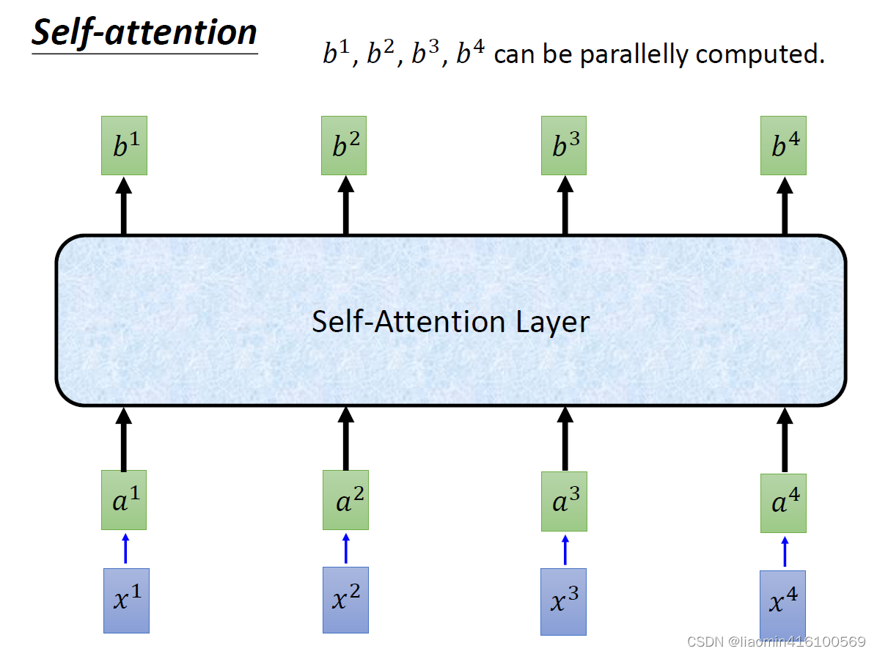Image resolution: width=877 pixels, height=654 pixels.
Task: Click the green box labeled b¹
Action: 124,145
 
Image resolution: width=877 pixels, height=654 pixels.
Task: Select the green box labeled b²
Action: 344,145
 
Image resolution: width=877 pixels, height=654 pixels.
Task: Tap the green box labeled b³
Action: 564,145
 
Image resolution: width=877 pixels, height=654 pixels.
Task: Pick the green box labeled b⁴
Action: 783,145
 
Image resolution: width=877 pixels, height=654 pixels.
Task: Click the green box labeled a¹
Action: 124,500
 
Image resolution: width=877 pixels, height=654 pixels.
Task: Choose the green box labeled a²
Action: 345,500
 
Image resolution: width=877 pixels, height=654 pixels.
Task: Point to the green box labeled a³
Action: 564,501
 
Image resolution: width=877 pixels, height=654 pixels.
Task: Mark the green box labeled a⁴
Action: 783,503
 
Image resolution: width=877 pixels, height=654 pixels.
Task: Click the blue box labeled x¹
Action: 126,600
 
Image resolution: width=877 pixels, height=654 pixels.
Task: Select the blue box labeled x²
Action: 345,599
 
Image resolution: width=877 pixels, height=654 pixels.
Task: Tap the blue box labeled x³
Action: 563,601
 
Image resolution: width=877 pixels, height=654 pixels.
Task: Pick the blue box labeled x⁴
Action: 782,603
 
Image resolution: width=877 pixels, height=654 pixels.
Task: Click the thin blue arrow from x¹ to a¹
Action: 125,548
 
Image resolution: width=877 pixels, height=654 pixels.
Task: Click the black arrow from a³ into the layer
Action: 565,438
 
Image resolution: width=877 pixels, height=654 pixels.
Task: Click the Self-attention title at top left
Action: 144,33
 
